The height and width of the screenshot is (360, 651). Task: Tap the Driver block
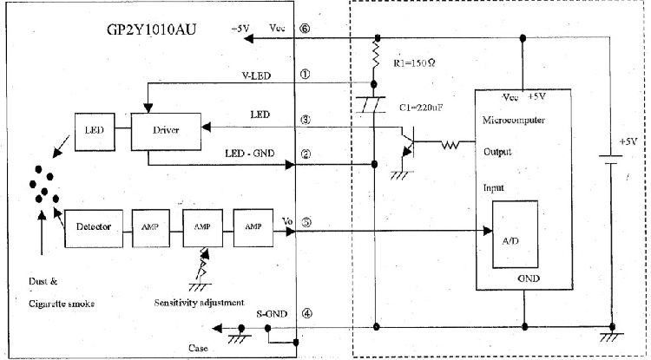pyautogui.click(x=165, y=128)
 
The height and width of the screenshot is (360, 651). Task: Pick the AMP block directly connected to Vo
pyautogui.click(x=253, y=226)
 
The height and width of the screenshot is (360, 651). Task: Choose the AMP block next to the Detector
pyautogui.click(x=144, y=226)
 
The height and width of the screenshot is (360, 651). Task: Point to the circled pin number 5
pyautogui.click(x=306, y=222)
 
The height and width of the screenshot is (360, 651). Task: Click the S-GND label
pyautogui.click(x=272, y=313)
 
